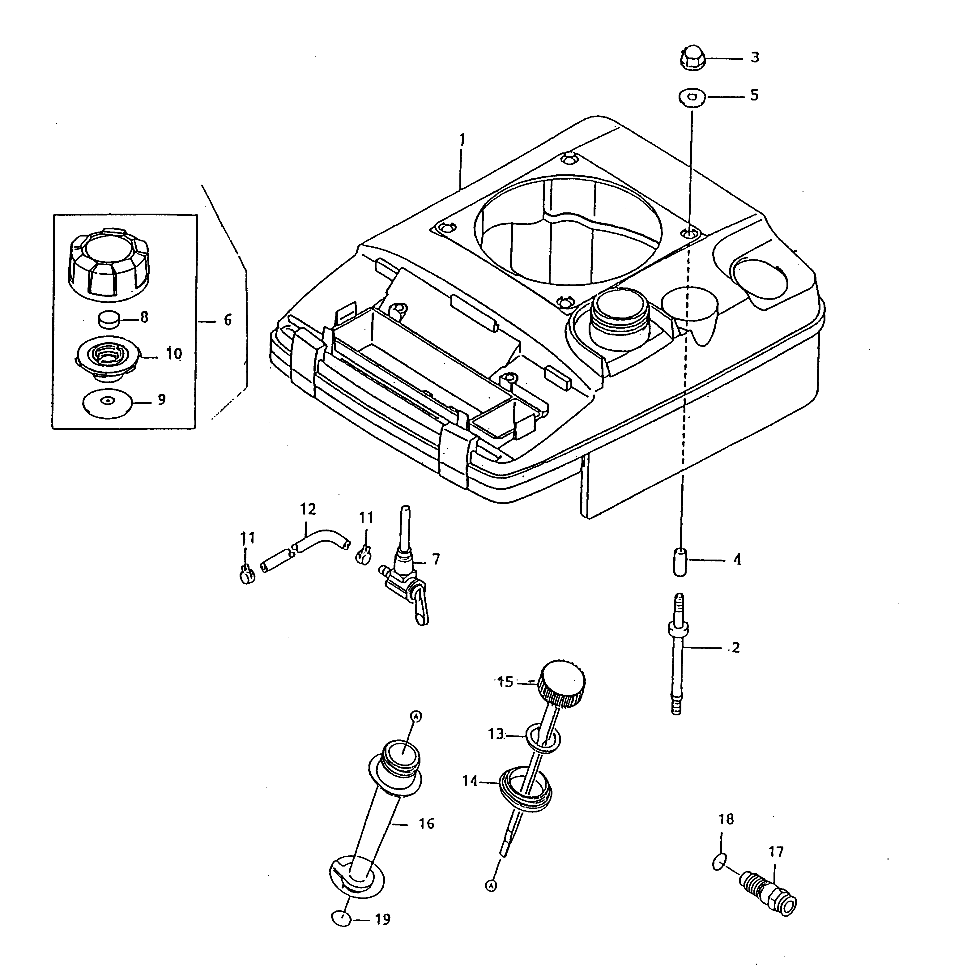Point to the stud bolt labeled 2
pyautogui.click(x=678, y=654)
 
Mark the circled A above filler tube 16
pyautogui.click(x=416, y=716)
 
